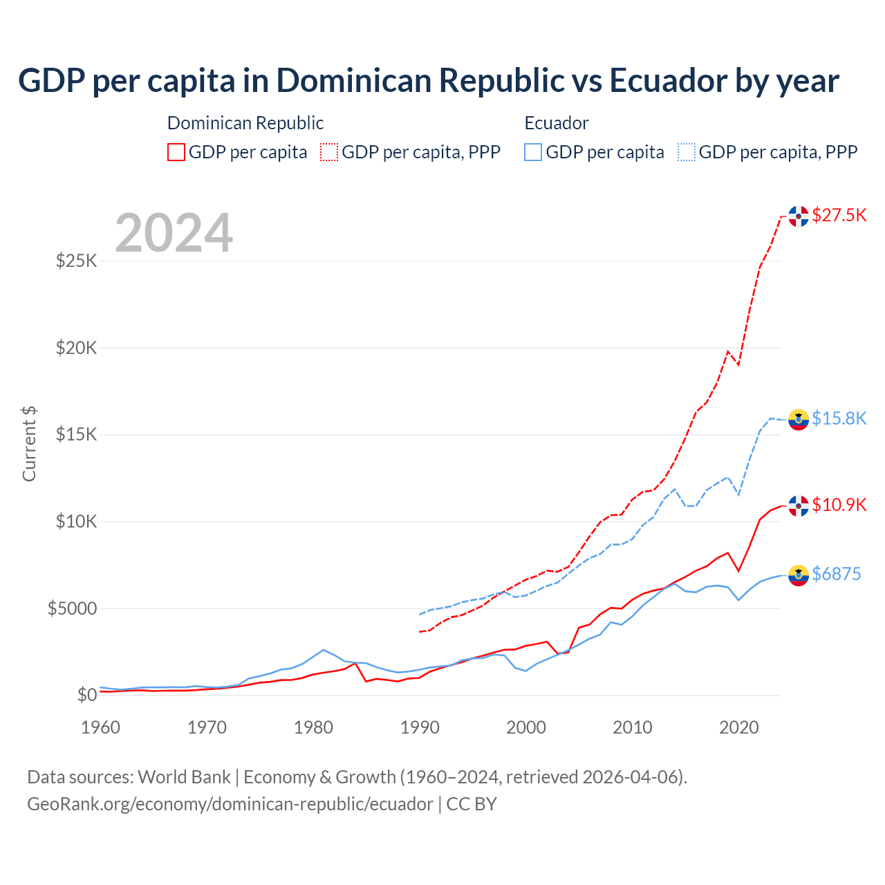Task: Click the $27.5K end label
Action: pyautogui.click(x=839, y=215)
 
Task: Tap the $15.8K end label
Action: pyautogui.click(x=839, y=418)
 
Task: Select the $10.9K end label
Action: pyautogui.click(x=839, y=505)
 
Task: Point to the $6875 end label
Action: pyautogui.click(x=836, y=574)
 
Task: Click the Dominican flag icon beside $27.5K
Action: pyautogui.click(x=799, y=216)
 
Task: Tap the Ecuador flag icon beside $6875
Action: pyautogui.click(x=799, y=575)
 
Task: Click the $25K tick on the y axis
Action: pyautogui.click(x=76, y=261)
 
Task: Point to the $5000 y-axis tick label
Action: pyautogui.click(x=72, y=608)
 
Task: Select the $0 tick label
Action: pyautogui.click(x=86, y=695)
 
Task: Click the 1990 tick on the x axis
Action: pyautogui.click(x=420, y=727)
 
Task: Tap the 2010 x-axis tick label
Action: pyautogui.click(x=633, y=727)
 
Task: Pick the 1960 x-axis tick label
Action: pyautogui.click(x=101, y=727)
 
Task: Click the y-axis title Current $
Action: pyautogui.click(x=29, y=444)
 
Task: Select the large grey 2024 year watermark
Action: pyautogui.click(x=174, y=233)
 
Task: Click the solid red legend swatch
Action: pyautogui.click(x=176, y=152)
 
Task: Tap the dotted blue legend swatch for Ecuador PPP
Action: pyautogui.click(x=687, y=152)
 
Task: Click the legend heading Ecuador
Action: pyautogui.click(x=557, y=123)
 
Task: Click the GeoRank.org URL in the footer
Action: pyautogui.click(x=230, y=804)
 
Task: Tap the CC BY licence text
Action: pyautogui.click(x=472, y=804)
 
